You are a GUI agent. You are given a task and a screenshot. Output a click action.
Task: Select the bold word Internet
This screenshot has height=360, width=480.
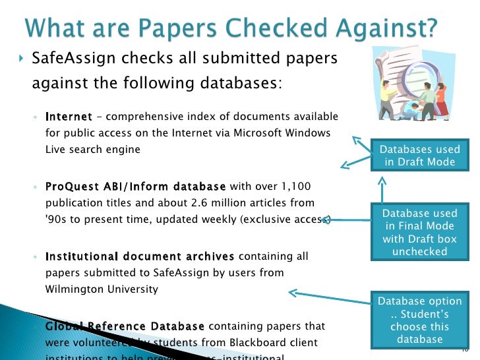click(69, 117)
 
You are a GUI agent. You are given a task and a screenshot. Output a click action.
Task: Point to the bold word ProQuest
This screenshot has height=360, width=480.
click(71, 187)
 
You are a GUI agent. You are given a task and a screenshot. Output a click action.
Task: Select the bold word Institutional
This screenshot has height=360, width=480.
click(83, 256)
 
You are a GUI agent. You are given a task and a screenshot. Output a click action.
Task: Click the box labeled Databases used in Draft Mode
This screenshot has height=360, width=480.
click(419, 156)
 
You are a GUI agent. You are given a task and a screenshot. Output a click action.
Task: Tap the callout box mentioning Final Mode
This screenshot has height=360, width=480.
click(419, 232)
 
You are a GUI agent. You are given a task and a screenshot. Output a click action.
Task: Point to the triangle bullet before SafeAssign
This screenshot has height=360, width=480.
click(20, 59)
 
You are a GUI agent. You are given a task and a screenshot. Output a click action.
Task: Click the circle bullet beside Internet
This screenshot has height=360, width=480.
click(34, 118)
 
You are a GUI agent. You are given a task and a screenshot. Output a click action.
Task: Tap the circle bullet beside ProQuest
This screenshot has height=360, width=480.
click(34, 187)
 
